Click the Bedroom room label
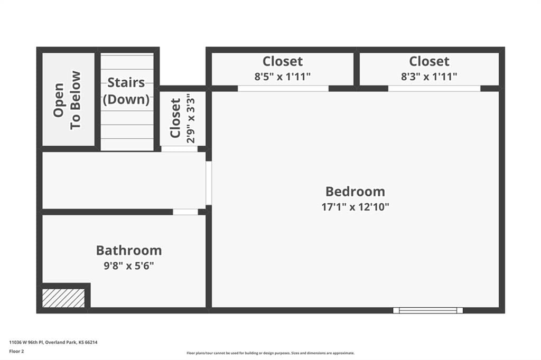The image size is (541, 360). click(355, 192)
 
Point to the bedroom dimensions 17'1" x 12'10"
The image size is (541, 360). click(355, 207)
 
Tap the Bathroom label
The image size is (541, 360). click(129, 250)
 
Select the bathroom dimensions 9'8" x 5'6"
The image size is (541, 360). click(129, 266)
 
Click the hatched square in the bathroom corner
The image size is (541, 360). click(63, 298)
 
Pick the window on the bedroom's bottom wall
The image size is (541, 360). click(428, 310)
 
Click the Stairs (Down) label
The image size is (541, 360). click(126, 91)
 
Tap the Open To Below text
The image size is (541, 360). click(67, 100)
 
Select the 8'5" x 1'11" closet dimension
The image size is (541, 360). click(283, 76)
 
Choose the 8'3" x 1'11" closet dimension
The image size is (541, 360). click(429, 76)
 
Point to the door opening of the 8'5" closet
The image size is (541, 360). click(283, 89)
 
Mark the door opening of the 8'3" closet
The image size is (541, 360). click(434, 89)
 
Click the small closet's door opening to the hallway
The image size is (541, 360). click(180, 149)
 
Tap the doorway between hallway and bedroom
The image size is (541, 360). click(209, 183)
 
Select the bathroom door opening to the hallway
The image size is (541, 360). click(185, 212)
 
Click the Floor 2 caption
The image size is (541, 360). click(16, 352)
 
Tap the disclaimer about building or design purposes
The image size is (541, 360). click(270, 353)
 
